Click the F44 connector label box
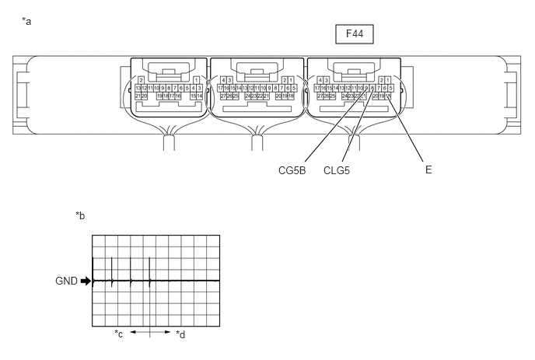click(x=355, y=34)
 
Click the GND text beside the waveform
click(x=67, y=281)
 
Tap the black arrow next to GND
click(x=86, y=281)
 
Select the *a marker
click(x=27, y=21)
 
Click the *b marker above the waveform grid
click(x=80, y=215)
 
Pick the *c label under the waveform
click(x=119, y=334)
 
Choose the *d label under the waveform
click(x=180, y=334)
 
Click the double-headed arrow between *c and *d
click(x=149, y=332)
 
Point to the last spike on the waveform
click(x=149, y=271)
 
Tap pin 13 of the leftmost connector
click(x=138, y=88)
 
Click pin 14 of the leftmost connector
click(x=200, y=96)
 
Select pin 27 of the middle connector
click(x=223, y=96)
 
